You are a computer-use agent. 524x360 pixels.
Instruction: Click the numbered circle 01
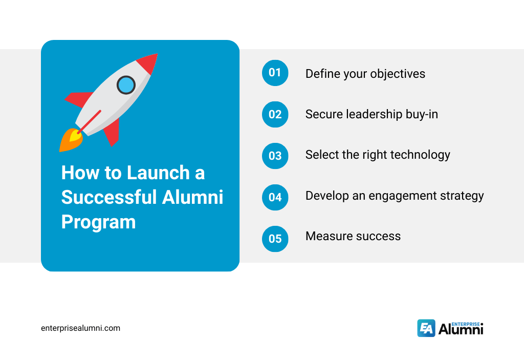coord(275,73)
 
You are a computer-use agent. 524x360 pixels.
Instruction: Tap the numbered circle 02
coord(275,114)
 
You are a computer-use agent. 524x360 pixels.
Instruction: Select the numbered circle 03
coord(275,156)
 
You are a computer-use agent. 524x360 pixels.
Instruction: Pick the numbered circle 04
coord(275,197)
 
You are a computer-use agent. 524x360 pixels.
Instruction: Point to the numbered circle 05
coord(275,239)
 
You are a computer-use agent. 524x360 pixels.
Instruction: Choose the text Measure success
coord(353,236)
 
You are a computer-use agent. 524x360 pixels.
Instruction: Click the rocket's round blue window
coord(126,84)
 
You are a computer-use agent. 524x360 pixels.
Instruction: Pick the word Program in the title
coord(98,222)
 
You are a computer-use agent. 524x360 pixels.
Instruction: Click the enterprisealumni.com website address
coord(80,328)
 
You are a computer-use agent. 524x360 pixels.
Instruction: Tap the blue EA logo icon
coord(426,328)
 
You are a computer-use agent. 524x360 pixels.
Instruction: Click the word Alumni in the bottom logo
coord(460,330)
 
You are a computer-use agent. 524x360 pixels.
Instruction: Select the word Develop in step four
coord(326,196)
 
